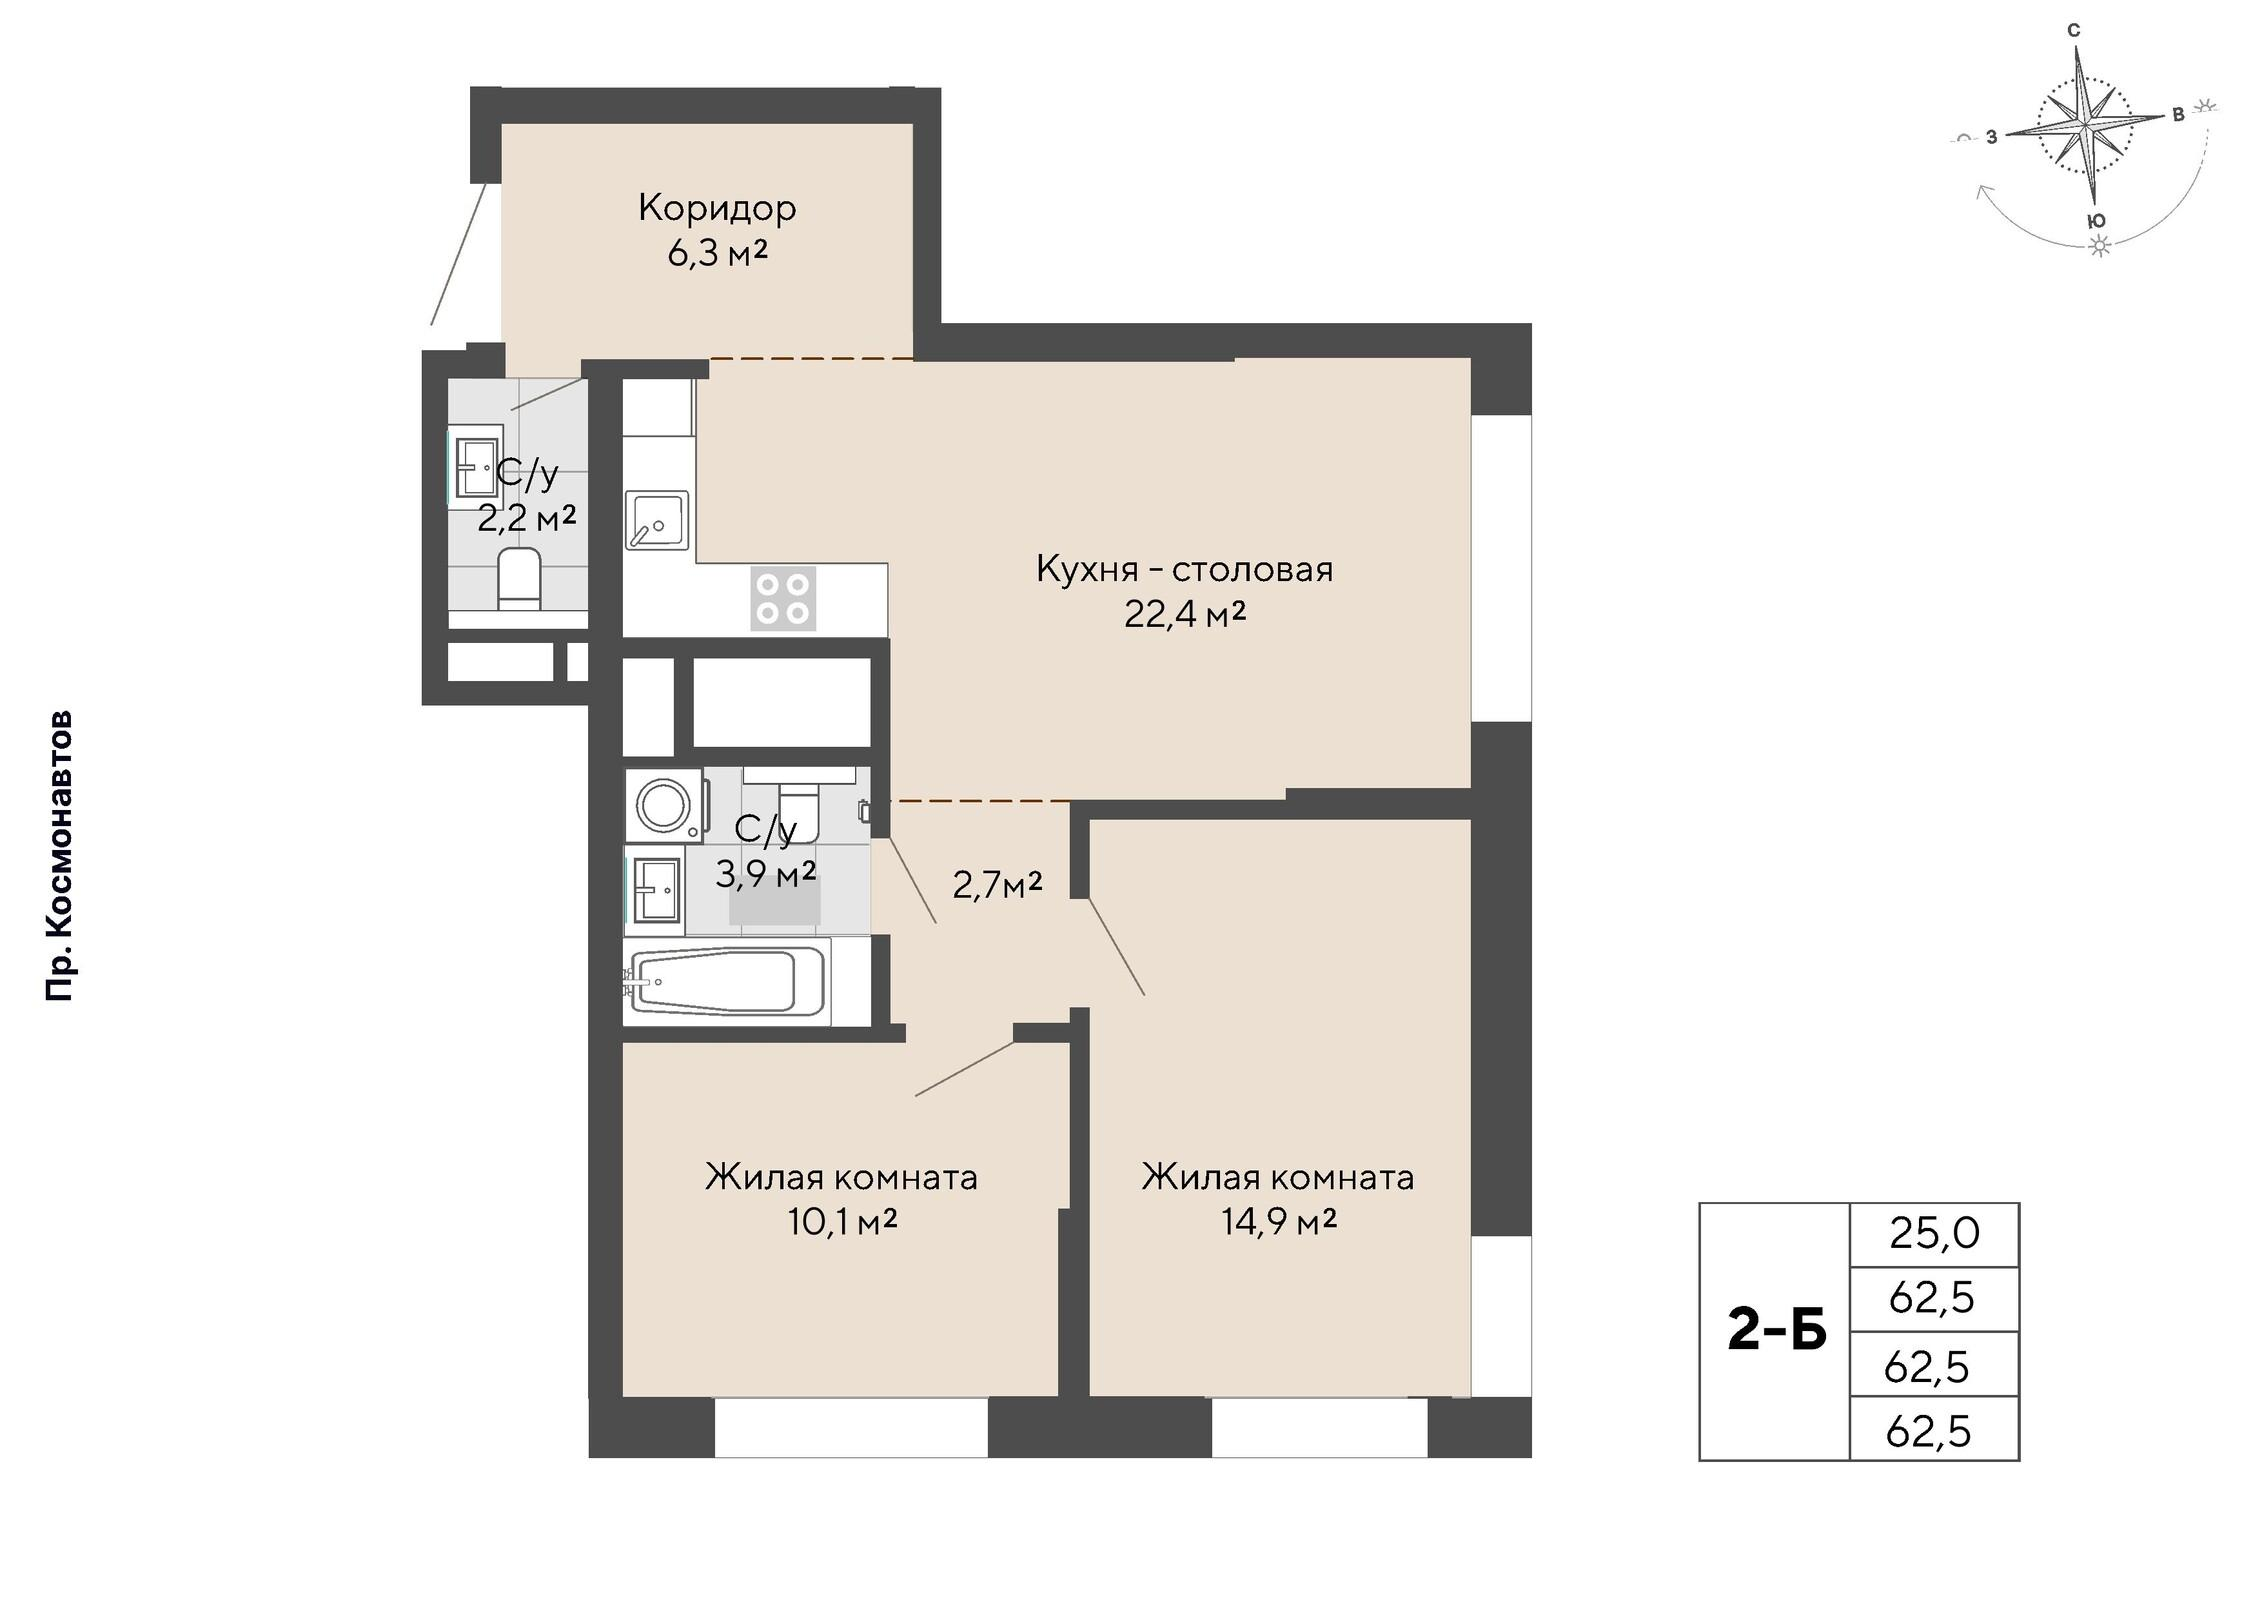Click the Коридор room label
point(717,208)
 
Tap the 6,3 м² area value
point(717,254)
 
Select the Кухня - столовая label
point(1184,569)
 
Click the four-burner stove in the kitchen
point(783,598)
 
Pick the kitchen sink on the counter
point(657,520)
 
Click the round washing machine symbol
point(664,804)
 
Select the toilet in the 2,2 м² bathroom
point(519,579)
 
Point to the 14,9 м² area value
point(1279,1221)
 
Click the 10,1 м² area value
point(842,1221)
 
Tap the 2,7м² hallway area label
point(997,885)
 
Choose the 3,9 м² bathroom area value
point(765,874)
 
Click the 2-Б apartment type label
point(1777,1331)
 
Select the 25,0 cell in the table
point(1934,1234)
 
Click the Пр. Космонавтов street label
point(60,856)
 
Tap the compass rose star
point(2084,127)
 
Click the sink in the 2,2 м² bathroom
point(475,466)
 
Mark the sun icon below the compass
point(2101,246)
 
